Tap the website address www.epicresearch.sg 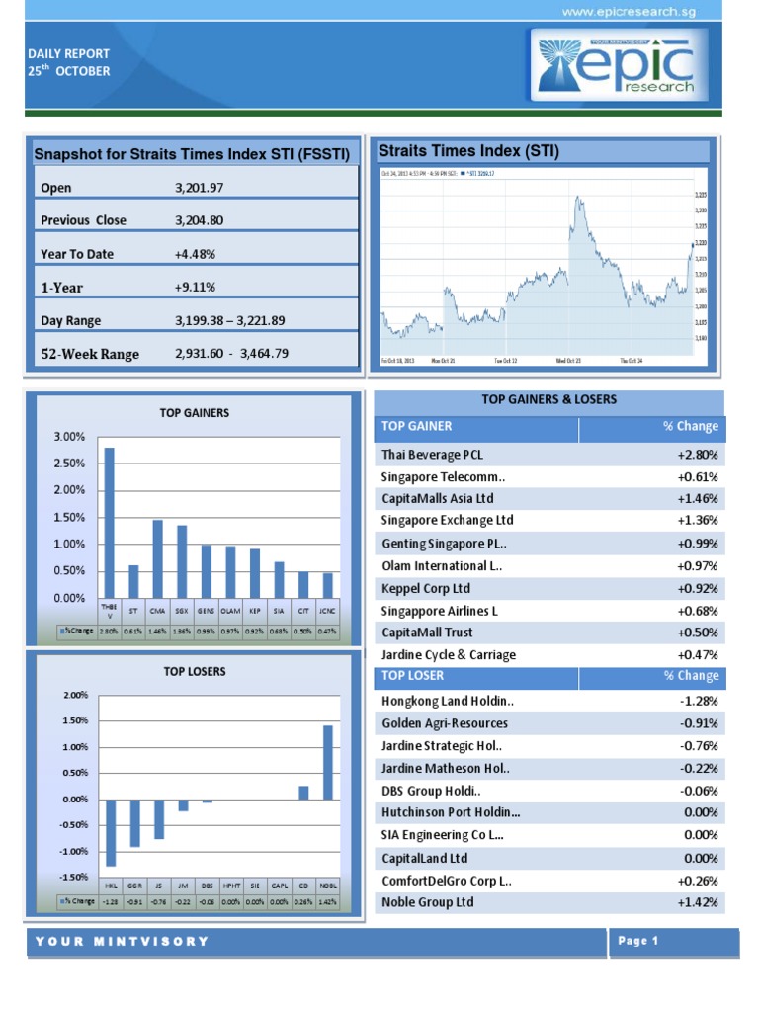[x=642, y=11]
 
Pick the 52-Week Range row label [x=90, y=354]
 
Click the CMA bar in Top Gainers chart [x=157, y=558]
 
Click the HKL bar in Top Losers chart [x=111, y=832]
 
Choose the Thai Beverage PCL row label [x=433, y=455]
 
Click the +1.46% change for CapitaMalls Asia [x=697, y=498]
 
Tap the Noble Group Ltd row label [x=428, y=902]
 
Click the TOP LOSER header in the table [x=413, y=676]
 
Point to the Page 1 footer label [x=638, y=942]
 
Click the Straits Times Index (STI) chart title [x=469, y=151]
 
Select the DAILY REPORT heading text [x=68, y=53]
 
